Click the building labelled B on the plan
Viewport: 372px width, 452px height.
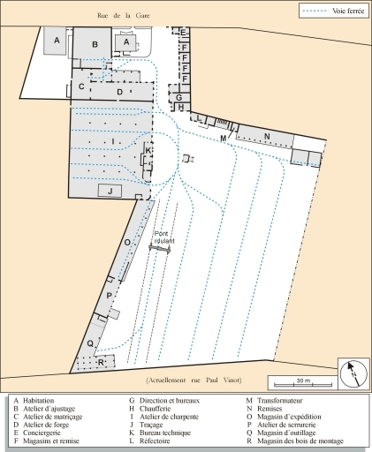point(95,41)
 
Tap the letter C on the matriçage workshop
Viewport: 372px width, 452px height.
point(81,87)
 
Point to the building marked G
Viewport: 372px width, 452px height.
point(178,97)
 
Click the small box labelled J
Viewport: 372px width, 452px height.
point(110,190)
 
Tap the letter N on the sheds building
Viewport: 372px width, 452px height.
point(266,135)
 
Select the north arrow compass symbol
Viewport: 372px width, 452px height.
point(350,372)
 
